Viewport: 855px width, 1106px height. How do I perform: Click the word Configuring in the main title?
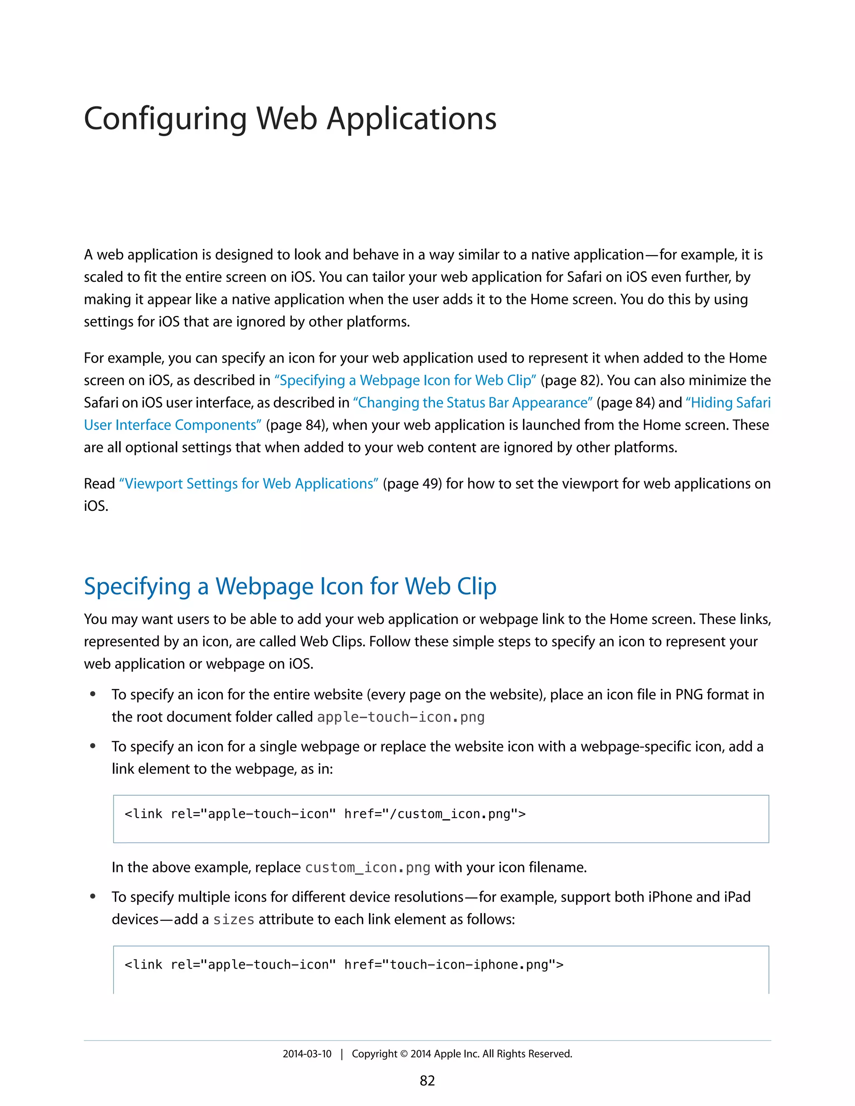165,119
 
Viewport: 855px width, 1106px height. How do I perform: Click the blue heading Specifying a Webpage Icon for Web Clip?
290,586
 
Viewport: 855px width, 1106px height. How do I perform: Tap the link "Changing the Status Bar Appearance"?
473,403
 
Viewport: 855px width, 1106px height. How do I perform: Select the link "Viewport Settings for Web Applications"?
249,484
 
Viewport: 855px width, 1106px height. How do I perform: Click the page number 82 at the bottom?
427,1081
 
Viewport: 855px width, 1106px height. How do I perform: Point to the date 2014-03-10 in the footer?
307,1054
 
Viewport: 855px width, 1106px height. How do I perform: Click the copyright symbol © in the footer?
404,1054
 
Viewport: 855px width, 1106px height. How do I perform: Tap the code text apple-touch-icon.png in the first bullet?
401,717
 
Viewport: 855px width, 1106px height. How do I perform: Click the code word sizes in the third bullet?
233,919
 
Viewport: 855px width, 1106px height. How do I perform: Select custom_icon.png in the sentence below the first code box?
368,868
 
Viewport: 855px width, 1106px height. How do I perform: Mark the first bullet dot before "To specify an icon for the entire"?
93,694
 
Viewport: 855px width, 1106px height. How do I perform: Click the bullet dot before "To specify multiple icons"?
93,897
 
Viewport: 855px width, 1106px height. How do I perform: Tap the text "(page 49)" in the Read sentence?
412,484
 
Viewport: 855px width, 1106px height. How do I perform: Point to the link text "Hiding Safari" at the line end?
728,403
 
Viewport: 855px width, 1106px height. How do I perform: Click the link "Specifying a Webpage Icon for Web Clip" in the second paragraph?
405,380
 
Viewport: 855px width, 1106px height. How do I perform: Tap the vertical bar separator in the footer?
342,1054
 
